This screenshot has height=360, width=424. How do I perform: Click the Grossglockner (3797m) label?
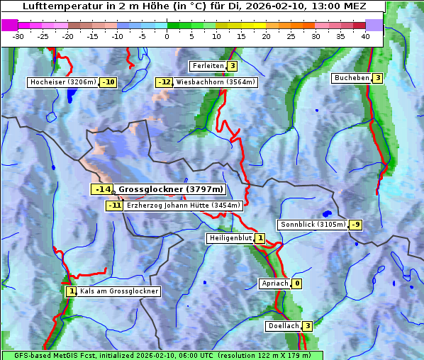[x=170, y=189]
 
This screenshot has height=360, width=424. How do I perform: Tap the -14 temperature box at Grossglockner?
[x=102, y=189]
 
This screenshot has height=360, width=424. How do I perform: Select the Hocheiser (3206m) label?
[x=62, y=82]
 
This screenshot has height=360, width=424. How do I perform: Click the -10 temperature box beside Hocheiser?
[x=108, y=82]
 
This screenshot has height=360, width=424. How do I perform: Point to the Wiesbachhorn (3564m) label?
[x=216, y=82]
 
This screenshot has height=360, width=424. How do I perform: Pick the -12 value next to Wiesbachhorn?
[x=164, y=82]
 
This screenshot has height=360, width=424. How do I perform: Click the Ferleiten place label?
[x=208, y=66]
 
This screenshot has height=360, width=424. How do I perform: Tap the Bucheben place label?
[x=352, y=77]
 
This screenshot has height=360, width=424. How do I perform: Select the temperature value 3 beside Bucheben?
[x=378, y=77]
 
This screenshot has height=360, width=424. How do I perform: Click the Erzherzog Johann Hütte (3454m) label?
[x=184, y=206]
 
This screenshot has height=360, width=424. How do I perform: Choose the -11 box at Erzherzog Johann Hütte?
[x=114, y=206]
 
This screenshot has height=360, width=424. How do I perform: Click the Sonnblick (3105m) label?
[x=313, y=225]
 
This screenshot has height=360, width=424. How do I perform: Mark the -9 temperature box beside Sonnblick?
[x=356, y=225]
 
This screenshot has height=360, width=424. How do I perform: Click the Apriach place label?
[x=275, y=283]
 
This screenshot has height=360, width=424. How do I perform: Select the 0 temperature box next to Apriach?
[x=297, y=283]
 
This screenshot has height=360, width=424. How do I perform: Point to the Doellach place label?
[x=283, y=326]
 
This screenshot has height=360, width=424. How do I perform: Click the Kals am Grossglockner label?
[x=119, y=291]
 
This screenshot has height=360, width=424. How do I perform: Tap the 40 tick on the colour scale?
[x=365, y=35]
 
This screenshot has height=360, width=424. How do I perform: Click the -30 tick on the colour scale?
[x=18, y=35]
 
